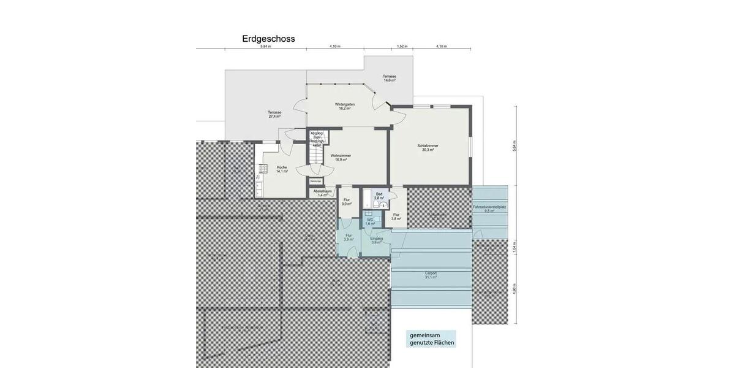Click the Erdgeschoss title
click(268, 39)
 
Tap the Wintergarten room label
click(345, 106)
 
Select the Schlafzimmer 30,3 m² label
click(428, 148)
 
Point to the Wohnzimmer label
click(341, 158)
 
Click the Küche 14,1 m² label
click(282, 169)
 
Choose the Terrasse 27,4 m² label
click(274, 114)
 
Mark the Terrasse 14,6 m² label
click(390, 79)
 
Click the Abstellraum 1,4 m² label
click(322, 193)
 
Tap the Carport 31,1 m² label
click(431, 275)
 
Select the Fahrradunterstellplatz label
click(489, 209)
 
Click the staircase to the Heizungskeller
click(315, 158)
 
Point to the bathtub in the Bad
click(367, 198)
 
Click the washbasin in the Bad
click(383, 205)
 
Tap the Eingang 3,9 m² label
click(376, 240)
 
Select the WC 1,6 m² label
click(370, 221)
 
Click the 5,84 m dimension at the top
click(265, 47)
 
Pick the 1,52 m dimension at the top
click(402, 47)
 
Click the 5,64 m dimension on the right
click(514, 146)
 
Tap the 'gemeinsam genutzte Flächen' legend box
click(432, 339)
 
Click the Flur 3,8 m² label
click(396, 217)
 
